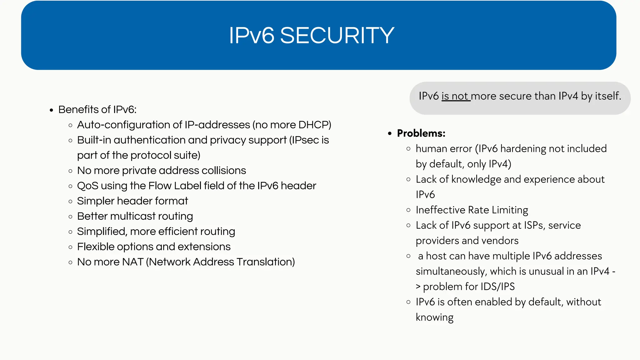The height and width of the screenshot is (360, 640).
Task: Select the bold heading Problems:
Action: (x=421, y=133)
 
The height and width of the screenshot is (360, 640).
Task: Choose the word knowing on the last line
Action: (x=434, y=317)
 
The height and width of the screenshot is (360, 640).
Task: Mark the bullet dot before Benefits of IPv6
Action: (x=52, y=110)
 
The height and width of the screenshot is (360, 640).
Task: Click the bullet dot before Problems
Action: (x=390, y=134)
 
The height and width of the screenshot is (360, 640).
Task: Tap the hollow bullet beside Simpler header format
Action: (x=70, y=201)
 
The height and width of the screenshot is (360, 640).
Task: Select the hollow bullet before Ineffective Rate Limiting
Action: (x=408, y=210)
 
